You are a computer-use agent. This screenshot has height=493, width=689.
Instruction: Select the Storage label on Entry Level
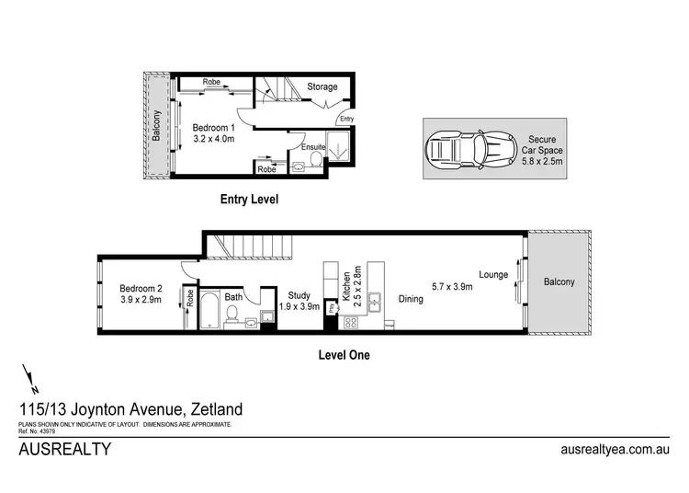322,87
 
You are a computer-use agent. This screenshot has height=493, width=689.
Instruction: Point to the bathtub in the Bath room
210,311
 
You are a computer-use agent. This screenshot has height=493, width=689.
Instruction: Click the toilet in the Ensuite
315,162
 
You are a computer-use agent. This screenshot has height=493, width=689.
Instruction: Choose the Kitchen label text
346,288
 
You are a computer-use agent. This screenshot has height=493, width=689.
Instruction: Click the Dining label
410,298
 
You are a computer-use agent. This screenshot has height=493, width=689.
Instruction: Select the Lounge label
493,275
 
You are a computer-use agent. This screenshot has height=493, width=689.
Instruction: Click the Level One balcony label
558,281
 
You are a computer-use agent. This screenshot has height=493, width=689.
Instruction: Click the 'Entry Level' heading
248,199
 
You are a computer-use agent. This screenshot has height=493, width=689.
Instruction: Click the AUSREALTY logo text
65,450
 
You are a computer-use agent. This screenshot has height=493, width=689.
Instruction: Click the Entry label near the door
346,119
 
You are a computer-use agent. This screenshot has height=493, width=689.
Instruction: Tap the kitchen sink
375,298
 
